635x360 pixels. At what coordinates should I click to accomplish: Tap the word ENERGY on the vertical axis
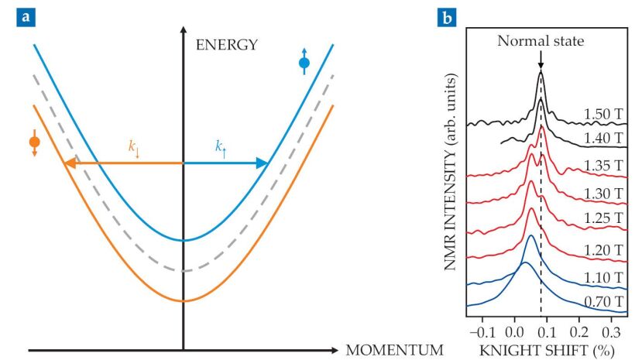225,45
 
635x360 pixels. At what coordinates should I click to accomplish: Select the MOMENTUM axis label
395,349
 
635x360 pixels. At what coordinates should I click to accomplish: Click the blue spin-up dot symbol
304,62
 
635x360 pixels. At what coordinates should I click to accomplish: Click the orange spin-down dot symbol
34,142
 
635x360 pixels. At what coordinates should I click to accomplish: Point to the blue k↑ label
221,148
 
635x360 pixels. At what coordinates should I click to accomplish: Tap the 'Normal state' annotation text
540,39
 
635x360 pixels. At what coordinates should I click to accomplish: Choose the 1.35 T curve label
604,165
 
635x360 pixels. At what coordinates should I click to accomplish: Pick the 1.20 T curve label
604,249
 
